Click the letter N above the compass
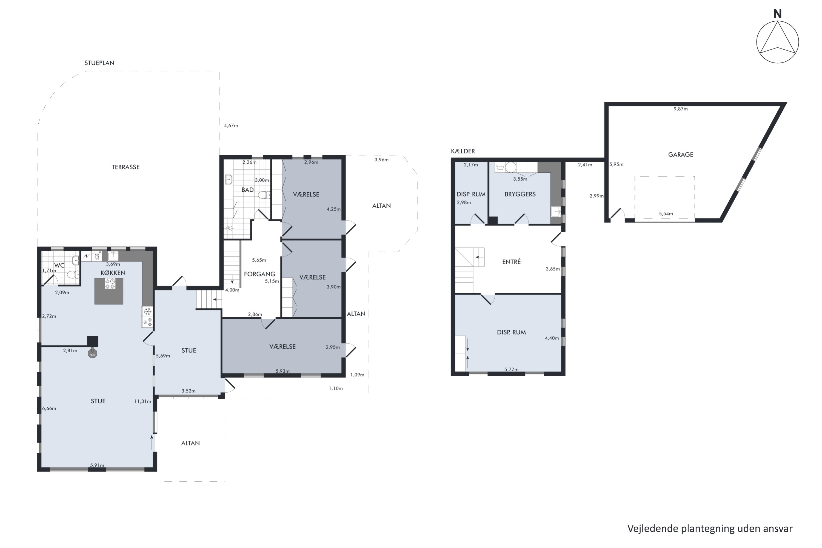(x=777, y=14)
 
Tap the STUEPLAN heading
(x=99, y=63)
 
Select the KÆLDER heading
(x=463, y=151)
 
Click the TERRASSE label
(x=125, y=167)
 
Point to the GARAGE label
(x=680, y=155)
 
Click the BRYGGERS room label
(x=520, y=194)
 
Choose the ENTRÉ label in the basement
(x=511, y=261)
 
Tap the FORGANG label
(x=259, y=274)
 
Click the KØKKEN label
(x=113, y=273)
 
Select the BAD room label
(x=247, y=190)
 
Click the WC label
(x=59, y=265)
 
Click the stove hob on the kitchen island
(x=110, y=284)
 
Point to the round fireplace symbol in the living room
(x=92, y=354)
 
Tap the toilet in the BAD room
(x=264, y=195)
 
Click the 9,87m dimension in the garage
(x=680, y=109)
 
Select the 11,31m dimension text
(x=142, y=401)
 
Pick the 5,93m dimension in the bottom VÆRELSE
(x=282, y=371)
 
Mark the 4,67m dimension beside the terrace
(x=231, y=125)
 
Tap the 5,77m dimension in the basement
(x=511, y=369)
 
